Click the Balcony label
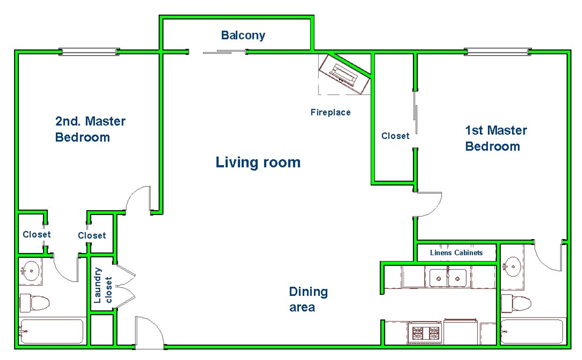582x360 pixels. [243, 35]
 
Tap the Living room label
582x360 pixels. [258, 162]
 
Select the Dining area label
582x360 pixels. [308, 299]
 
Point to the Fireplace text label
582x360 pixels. [330, 112]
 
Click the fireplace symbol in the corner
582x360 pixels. [344, 74]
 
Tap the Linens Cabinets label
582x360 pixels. [456, 253]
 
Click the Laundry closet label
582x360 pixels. [103, 285]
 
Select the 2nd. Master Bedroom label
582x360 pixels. [90, 129]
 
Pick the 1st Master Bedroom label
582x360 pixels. [496, 138]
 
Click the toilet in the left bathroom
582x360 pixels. [34, 303]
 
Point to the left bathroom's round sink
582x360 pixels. [31, 271]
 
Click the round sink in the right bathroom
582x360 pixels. [512, 266]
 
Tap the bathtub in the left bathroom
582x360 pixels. [51, 331]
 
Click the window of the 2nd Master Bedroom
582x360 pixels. [89, 52]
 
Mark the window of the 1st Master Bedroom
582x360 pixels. [497, 52]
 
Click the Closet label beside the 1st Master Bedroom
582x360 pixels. [395, 136]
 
